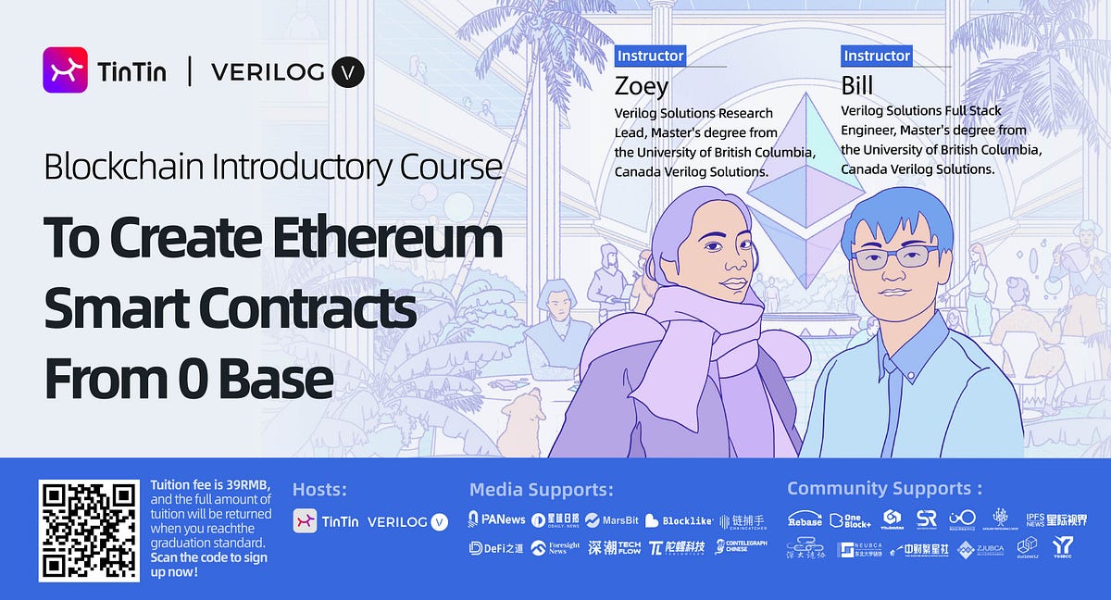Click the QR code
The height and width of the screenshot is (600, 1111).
pos(88,531)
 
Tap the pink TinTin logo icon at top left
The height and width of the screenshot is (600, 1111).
pos(65,70)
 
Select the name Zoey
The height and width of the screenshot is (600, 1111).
pos(641,86)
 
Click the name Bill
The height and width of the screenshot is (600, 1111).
pos(856,86)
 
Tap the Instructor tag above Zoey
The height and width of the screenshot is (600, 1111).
pos(650,56)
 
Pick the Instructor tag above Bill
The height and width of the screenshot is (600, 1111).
pos(877,56)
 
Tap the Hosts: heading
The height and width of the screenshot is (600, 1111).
pos(319,489)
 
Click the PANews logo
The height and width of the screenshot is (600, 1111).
pos(497,519)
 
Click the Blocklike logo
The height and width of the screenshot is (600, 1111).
pos(679,520)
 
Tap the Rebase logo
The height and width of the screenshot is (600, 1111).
pos(805,519)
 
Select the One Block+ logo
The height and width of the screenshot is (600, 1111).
pos(851,519)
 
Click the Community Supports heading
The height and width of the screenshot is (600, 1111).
pos(884,488)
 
